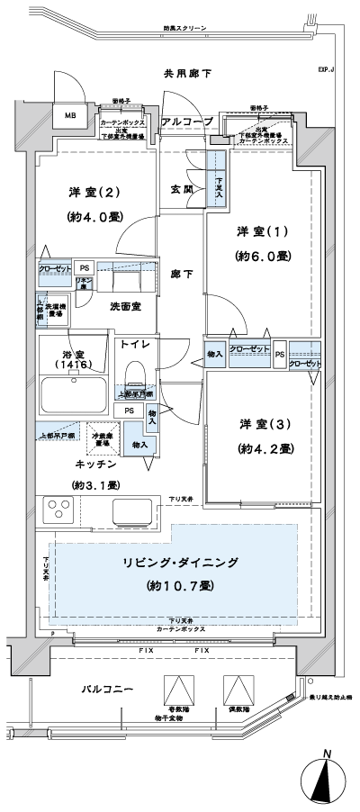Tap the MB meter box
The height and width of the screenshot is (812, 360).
[69, 114]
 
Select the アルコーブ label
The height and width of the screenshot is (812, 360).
[187, 121]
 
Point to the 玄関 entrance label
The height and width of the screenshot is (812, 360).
[182, 190]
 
